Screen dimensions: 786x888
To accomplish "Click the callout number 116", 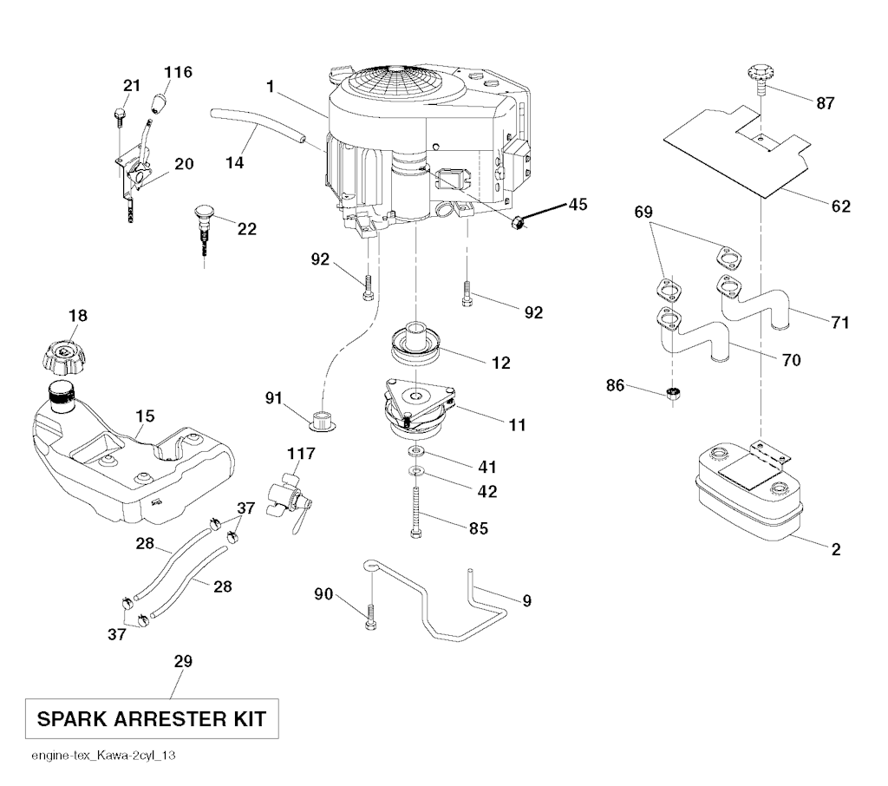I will pyautogui.click(x=180, y=71).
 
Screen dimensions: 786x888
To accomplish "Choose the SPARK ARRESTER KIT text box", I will pyautogui.click(x=151, y=719).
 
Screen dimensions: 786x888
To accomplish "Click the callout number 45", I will pyautogui.click(x=578, y=205).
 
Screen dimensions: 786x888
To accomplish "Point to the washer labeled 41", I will pyautogui.click(x=415, y=454).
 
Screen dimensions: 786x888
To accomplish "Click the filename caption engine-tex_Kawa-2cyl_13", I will pyautogui.click(x=103, y=757).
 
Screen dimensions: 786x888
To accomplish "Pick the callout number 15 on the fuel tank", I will pyautogui.click(x=145, y=416).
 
